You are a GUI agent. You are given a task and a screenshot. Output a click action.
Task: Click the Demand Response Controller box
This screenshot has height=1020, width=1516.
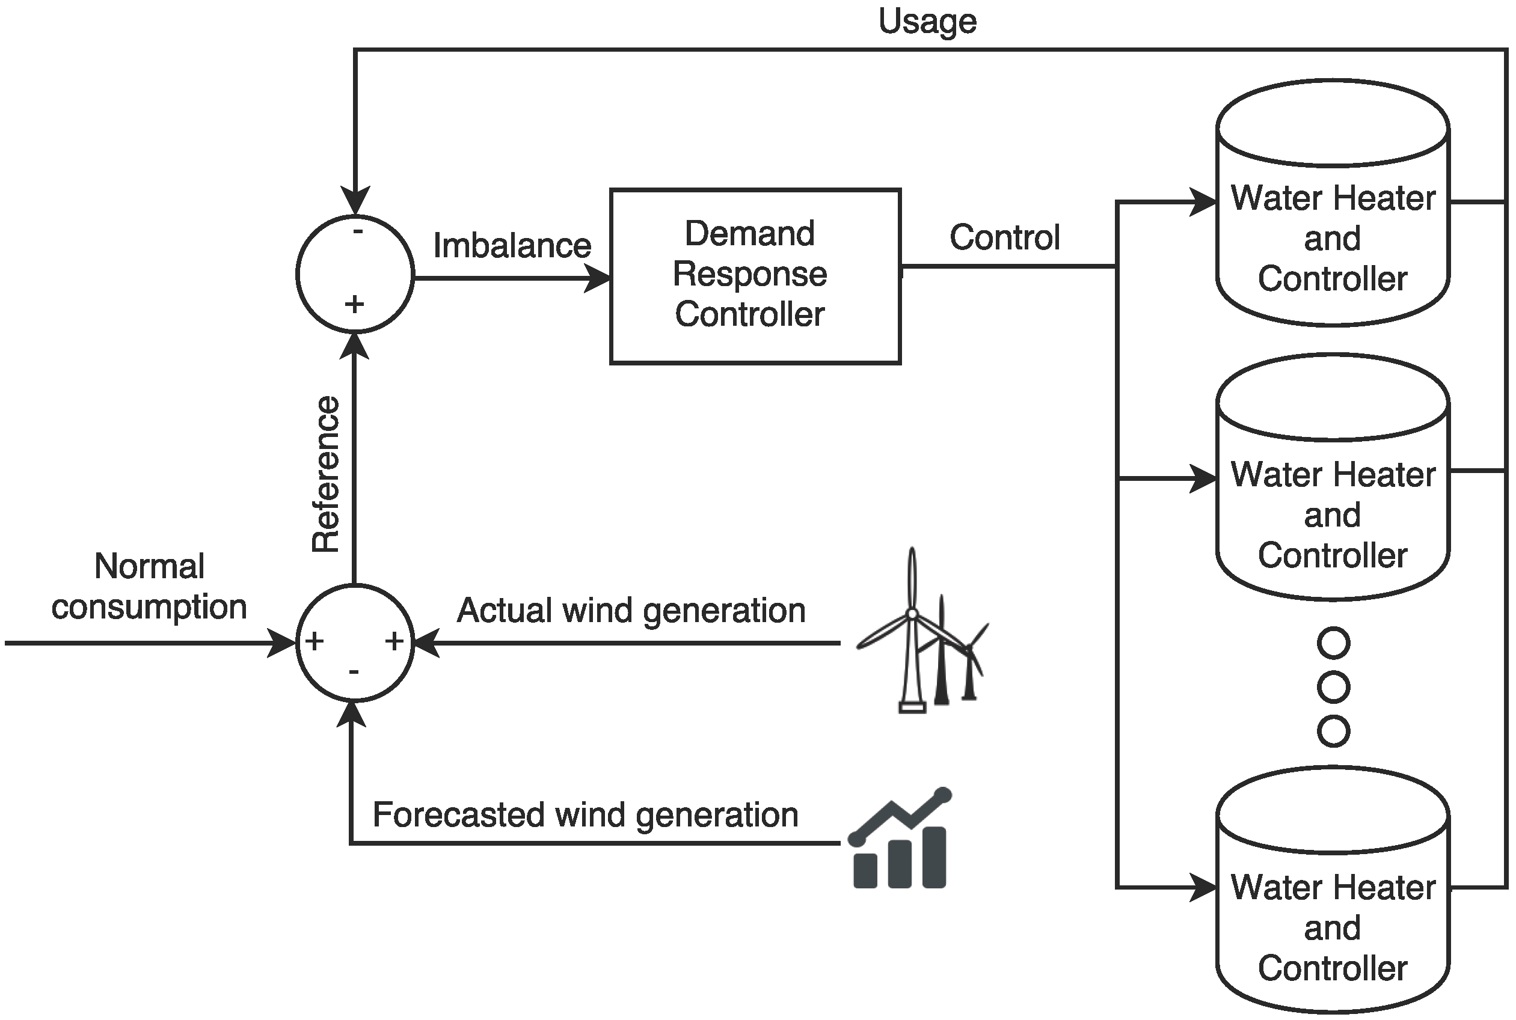pyautogui.click(x=755, y=276)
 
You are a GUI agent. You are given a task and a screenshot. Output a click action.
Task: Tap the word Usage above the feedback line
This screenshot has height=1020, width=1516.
pyautogui.click(x=927, y=21)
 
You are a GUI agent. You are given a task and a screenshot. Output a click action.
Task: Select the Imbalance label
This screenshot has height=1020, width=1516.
pyautogui.click(x=512, y=246)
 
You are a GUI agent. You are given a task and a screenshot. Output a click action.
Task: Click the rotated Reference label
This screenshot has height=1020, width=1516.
pyautogui.click(x=326, y=474)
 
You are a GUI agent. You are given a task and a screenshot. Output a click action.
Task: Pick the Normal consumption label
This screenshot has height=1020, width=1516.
pyautogui.click(x=149, y=586)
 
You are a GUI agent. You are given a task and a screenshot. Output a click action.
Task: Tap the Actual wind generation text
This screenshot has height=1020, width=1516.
pyautogui.click(x=631, y=610)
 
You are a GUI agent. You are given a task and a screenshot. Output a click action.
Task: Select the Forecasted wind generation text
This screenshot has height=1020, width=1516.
pyautogui.click(x=585, y=814)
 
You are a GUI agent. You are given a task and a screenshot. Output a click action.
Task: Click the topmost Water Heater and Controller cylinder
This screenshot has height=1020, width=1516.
pyautogui.click(x=1333, y=203)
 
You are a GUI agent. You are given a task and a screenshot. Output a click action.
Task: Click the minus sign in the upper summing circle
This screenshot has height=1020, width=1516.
pyautogui.click(x=357, y=231)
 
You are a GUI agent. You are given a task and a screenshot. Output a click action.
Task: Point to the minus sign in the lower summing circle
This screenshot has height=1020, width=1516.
pyautogui.click(x=354, y=672)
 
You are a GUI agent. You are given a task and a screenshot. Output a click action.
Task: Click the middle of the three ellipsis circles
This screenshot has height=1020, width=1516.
pyautogui.click(x=1333, y=687)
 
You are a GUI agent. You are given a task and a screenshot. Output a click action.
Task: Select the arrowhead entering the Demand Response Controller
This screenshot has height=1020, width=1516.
pyautogui.click(x=597, y=278)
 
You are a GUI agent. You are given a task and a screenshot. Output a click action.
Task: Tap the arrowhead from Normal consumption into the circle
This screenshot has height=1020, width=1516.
pyautogui.click(x=283, y=643)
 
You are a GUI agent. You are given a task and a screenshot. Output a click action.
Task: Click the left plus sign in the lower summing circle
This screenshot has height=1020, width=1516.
pyautogui.click(x=315, y=641)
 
